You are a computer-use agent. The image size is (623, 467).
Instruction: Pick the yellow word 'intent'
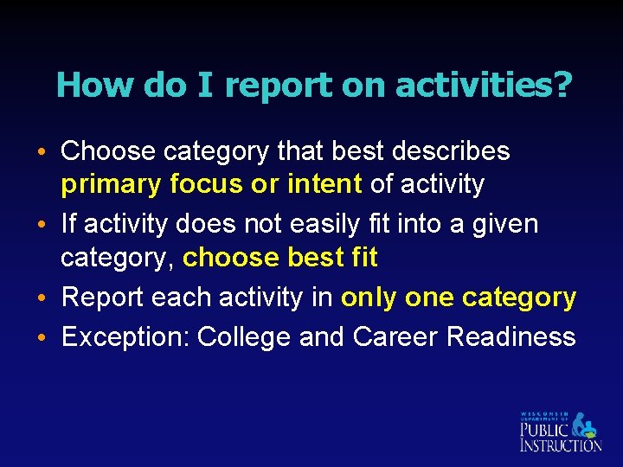[x=324, y=183]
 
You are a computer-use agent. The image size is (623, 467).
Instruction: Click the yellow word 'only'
[x=369, y=298]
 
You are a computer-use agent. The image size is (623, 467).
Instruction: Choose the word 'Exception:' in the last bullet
[x=125, y=336]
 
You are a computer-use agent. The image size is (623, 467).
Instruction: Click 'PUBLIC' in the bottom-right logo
[x=544, y=429]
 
